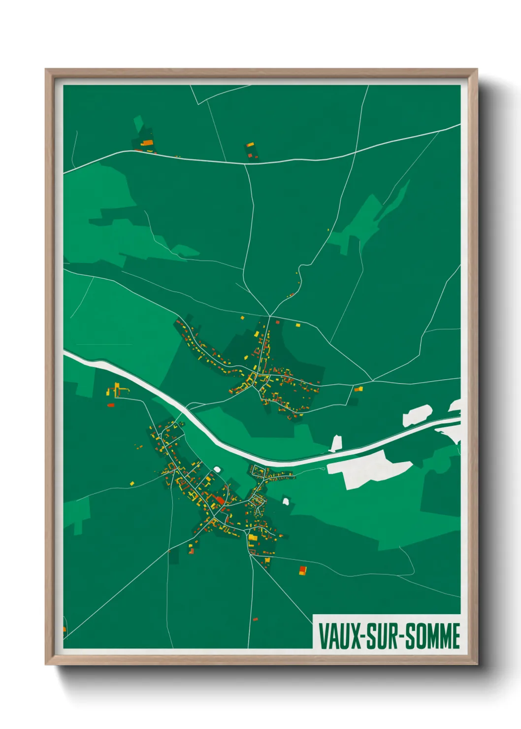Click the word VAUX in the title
[x=339, y=636]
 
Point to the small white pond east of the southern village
[x=286, y=501]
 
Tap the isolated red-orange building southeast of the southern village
[x=303, y=570]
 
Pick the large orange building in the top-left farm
[x=147, y=143]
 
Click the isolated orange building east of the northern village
[x=358, y=389]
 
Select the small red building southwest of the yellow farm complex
[x=111, y=405]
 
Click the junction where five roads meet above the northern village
[x=269, y=316]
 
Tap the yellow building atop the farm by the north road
[x=250, y=145]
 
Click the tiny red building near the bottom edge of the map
[x=255, y=619]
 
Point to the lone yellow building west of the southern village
[x=132, y=484]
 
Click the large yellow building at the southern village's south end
[x=253, y=537]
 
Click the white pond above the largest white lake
[x=337, y=442]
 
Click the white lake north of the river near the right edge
[x=417, y=415]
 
